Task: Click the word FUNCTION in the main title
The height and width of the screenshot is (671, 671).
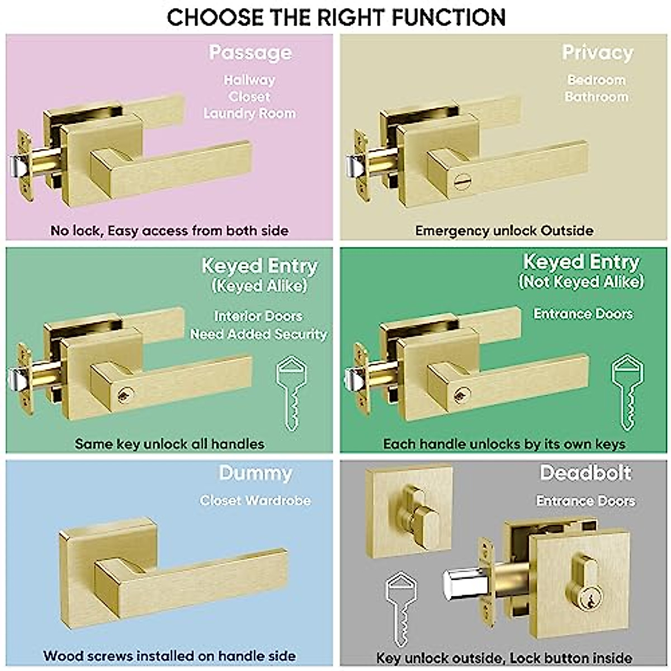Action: coord(448,17)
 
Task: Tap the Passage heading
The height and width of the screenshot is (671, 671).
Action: coord(250,53)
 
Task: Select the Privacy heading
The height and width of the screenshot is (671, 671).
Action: coord(597,53)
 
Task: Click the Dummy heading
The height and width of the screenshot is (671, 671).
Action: coord(255,473)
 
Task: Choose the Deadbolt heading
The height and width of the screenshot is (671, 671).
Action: coord(585,473)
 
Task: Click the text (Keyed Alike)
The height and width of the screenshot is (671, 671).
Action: coord(259,286)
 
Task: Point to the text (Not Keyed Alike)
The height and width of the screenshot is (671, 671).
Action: coord(581,281)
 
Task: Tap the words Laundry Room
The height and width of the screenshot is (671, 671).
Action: coord(249,114)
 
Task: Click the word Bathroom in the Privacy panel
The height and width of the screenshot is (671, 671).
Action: coord(596,97)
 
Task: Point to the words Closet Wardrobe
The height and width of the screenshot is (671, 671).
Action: coord(255,500)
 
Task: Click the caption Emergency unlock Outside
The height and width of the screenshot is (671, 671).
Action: coord(504,230)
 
